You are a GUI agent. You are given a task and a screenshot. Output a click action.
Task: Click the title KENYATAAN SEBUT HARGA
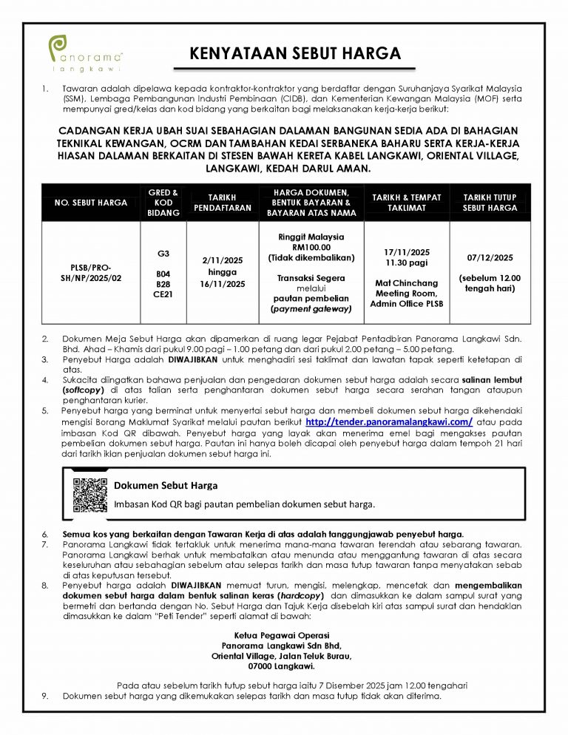(x=295, y=55)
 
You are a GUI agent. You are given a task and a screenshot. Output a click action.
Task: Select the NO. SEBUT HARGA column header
(x=92, y=202)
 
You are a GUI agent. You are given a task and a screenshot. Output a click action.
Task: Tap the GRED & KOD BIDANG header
(x=163, y=202)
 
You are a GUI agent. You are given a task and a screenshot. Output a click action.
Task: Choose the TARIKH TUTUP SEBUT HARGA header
(x=490, y=202)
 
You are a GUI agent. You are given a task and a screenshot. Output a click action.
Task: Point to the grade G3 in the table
(x=163, y=253)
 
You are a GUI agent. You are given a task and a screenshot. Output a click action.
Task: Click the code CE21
(x=163, y=294)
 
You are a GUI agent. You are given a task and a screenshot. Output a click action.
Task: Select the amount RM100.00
(x=311, y=248)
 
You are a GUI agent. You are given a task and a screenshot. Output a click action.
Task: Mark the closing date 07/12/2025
(x=490, y=258)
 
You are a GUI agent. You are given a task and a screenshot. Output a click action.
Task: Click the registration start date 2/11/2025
(x=223, y=261)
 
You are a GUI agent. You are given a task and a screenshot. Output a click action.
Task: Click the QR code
(x=90, y=495)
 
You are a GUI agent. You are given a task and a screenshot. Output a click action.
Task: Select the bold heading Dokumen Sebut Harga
(x=166, y=486)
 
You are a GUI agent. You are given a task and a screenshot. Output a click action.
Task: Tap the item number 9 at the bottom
(x=46, y=697)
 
